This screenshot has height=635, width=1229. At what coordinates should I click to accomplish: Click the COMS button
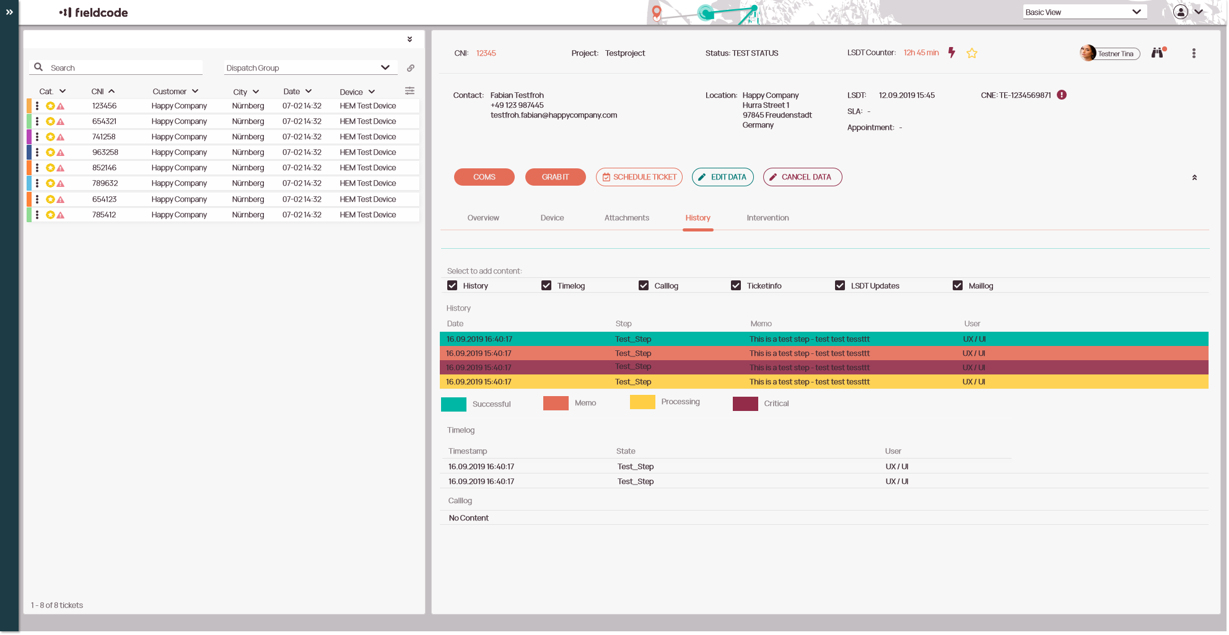click(484, 177)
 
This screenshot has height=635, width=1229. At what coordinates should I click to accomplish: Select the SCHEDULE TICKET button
click(639, 177)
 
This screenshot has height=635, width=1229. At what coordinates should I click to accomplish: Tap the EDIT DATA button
click(722, 177)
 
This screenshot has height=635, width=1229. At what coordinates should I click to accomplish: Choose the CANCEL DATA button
click(802, 177)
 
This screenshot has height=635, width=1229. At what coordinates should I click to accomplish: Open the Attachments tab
click(626, 218)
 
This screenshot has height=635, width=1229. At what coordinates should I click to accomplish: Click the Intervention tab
click(768, 218)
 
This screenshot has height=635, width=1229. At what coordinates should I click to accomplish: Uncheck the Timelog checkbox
click(546, 285)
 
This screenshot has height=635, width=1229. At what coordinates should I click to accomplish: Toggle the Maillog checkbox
click(958, 285)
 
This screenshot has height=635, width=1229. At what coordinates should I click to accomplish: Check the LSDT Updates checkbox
click(840, 285)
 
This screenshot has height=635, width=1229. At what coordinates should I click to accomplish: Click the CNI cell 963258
click(105, 152)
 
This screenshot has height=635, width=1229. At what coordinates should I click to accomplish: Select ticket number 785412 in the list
click(104, 215)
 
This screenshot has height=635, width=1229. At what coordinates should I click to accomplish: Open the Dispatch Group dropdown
click(308, 67)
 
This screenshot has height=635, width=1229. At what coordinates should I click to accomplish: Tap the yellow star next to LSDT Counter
click(972, 53)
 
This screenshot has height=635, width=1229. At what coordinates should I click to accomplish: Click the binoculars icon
click(1157, 53)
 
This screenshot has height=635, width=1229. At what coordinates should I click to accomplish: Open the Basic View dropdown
click(1084, 12)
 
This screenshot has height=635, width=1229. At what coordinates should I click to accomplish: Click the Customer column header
click(170, 92)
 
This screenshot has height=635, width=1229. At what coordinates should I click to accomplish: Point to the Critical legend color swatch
click(745, 404)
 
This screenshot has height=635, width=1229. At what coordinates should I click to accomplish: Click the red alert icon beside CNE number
click(1062, 95)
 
